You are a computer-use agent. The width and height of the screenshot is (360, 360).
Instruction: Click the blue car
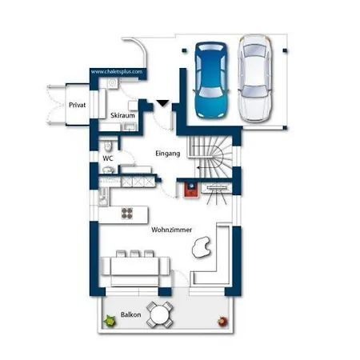[x=212, y=80]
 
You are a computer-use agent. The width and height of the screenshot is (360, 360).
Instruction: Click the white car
[x=255, y=78]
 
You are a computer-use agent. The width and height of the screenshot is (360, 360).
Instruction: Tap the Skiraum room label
[x=122, y=115]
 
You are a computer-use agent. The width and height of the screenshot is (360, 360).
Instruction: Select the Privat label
[x=78, y=105]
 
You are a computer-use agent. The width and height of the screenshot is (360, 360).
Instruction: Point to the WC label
[x=108, y=158]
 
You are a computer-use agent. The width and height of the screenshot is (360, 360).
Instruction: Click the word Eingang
[x=168, y=154]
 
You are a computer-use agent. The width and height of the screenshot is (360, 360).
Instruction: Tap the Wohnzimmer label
[x=172, y=230]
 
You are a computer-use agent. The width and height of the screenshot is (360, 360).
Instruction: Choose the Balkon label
[x=130, y=314]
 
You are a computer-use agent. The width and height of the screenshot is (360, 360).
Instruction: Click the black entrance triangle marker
[x=162, y=103]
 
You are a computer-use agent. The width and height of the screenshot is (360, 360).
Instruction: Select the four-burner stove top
[x=127, y=214]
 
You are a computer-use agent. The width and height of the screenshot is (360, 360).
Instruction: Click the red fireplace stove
[x=191, y=190]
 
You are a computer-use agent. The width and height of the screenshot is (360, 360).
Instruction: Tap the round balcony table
[x=159, y=314]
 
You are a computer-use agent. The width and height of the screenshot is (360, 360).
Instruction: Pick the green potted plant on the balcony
[x=110, y=321]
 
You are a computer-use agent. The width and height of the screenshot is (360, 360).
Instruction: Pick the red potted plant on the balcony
[x=222, y=322]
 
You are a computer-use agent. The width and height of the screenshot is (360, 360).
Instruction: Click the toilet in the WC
[x=108, y=146]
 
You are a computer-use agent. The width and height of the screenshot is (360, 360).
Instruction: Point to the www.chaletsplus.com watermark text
[x=117, y=72]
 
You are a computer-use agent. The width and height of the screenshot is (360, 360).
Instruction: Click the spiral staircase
[x=210, y=158]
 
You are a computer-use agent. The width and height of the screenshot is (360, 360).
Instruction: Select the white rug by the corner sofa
[x=202, y=248]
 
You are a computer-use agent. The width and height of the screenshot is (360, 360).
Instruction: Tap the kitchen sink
[x=103, y=197]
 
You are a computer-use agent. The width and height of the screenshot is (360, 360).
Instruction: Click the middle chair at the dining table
[x=134, y=254]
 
